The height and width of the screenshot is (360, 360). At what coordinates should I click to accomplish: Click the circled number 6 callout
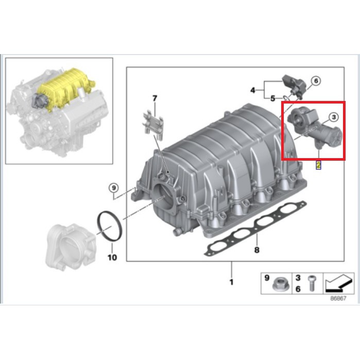(316, 80)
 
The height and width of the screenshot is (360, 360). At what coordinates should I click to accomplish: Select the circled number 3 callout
(333, 117)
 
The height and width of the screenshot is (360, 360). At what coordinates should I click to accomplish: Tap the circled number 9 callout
(113, 187)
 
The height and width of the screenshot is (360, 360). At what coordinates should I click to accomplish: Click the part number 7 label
(153, 97)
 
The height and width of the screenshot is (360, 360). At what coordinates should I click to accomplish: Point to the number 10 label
(112, 257)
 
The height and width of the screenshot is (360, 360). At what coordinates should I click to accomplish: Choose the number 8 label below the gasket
(256, 251)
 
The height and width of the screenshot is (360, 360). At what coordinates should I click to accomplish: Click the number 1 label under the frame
(231, 282)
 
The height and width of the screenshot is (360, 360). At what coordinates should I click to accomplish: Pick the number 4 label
(253, 90)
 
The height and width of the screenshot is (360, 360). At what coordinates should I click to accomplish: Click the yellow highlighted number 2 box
(318, 165)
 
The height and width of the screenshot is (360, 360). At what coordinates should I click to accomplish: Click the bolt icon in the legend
(311, 283)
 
